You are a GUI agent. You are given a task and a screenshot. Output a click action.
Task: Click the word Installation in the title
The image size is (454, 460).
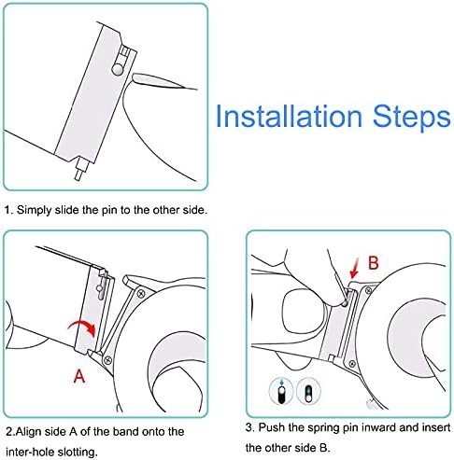(289, 116)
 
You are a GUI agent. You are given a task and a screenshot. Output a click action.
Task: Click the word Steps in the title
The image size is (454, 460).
(412, 118)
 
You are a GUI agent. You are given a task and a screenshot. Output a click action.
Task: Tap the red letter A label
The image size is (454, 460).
(79, 376)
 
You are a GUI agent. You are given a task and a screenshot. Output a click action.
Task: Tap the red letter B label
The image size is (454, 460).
(373, 263)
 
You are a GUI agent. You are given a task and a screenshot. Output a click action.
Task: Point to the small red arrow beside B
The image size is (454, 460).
(355, 268)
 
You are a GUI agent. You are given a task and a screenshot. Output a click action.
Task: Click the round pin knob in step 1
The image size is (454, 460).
(118, 69)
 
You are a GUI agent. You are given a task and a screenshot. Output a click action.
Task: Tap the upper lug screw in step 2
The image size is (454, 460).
(141, 293)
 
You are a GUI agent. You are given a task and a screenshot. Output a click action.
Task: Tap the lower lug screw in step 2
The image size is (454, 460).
(108, 360)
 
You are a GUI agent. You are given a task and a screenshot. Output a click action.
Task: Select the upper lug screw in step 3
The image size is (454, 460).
(368, 291)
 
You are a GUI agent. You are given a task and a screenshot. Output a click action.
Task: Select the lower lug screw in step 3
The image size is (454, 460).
(352, 364)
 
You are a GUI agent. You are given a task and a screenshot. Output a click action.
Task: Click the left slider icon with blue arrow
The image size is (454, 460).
(281, 391)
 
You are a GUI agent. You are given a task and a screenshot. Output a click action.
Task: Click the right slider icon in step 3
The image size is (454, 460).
(308, 391)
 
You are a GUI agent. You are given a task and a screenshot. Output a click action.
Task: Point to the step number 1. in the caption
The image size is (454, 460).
(9, 210)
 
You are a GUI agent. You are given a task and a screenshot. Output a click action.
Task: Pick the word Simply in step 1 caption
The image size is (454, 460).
(35, 210)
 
